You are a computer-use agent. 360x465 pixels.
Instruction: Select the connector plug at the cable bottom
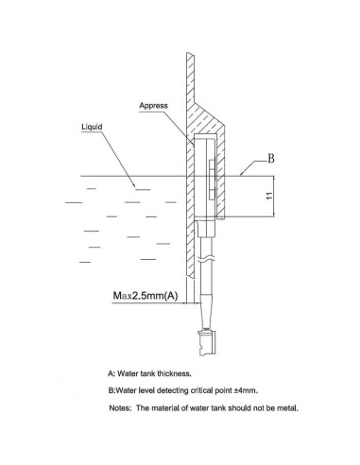click(208, 336)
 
